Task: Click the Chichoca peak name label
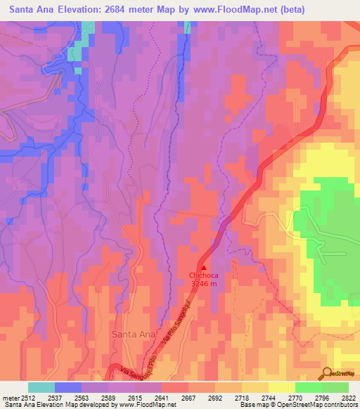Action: (204, 275)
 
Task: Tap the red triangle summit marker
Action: (204, 267)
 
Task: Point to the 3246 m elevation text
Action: (204, 283)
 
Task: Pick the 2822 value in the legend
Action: (349, 396)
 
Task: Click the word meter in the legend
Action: (10, 396)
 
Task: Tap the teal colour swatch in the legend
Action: (41, 387)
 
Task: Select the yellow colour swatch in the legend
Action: (282, 387)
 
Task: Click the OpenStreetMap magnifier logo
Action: (326, 372)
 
